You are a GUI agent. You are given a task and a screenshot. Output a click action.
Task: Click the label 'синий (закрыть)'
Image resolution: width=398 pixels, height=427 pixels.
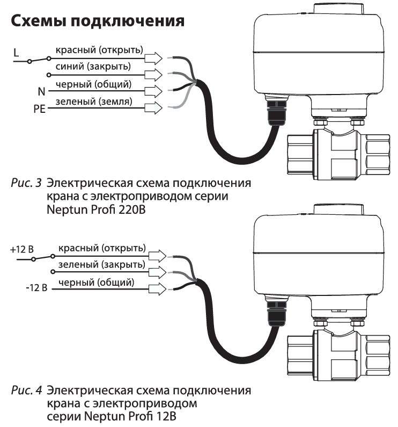click(x=92, y=66)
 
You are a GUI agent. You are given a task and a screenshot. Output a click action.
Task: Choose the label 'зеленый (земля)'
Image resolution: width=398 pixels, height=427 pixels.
click(x=92, y=102)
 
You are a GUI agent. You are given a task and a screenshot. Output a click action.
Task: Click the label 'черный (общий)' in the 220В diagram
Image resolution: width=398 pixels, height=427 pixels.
click(x=92, y=84)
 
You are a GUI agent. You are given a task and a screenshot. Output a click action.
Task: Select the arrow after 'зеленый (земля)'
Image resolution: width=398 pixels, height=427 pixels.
click(x=153, y=108)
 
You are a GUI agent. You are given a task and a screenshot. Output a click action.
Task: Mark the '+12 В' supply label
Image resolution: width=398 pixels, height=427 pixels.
click(x=22, y=250)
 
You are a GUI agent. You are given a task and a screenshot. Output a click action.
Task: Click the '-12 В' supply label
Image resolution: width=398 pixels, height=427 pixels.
click(x=36, y=290)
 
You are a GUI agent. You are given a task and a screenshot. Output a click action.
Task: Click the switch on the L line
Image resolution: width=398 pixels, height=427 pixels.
click(x=39, y=59)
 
